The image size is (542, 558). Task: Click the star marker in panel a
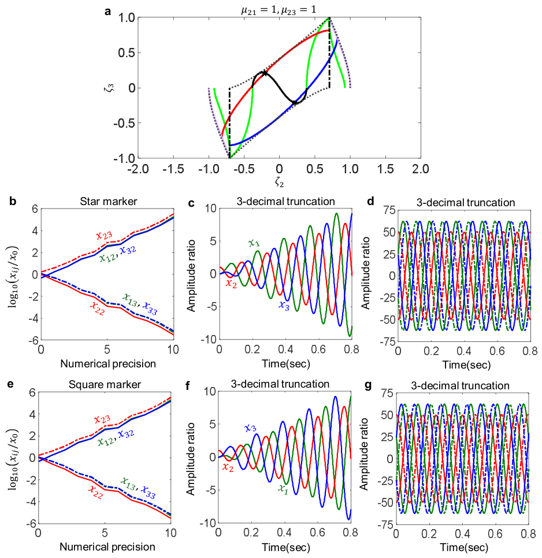point(264,74)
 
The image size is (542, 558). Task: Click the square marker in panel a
point(295,102)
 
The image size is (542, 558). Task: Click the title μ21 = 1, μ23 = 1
point(279,10)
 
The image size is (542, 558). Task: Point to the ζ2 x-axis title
point(279,182)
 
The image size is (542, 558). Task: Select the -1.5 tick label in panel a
point(173,169)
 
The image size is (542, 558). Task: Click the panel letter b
point(13,201)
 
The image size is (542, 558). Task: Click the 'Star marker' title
point(109,202)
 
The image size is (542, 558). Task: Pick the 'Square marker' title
point(105,385)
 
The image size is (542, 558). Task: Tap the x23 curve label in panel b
point(104,235)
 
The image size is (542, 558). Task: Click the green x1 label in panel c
point(254,243)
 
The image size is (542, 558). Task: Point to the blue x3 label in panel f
point(251,428)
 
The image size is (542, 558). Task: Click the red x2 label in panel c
point(231,284)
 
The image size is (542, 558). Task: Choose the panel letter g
point(369,385)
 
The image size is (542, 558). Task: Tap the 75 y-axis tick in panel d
point(389,211)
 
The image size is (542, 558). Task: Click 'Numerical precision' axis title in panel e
point(107,547)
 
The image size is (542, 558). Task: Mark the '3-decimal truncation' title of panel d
point(466,203)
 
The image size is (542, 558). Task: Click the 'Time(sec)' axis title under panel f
point(286,548)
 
